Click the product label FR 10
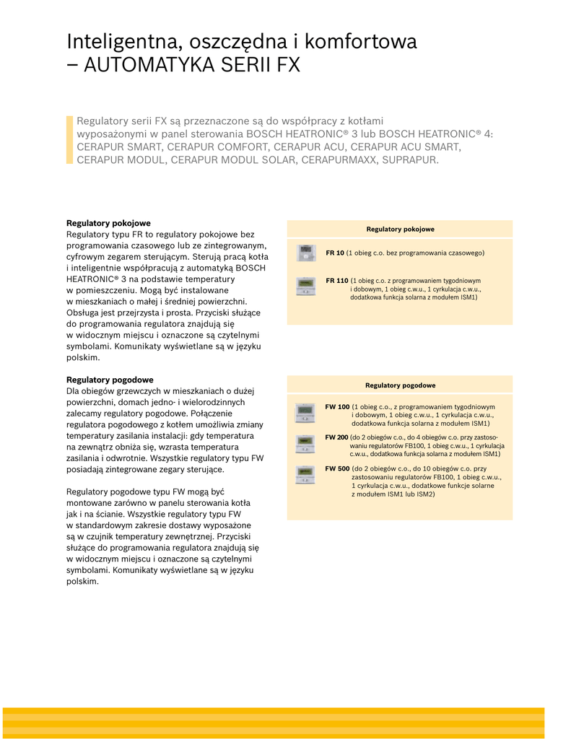click(x=335, y=253)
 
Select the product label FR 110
click(x=337, y=280)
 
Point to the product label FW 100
click(x=337, y=406)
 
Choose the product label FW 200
click(x=336, y=437)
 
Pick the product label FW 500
click(x=337, y=468)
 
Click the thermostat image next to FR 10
click(x=307, y=253)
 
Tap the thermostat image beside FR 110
click(x=306, y=287)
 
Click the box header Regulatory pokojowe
click(x=400, y=229)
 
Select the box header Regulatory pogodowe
click(x=400, y=385)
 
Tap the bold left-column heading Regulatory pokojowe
click(x=108, y=223)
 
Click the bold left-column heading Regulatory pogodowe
click(x=110, y=380)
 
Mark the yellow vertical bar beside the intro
click(x=70, y=139)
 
